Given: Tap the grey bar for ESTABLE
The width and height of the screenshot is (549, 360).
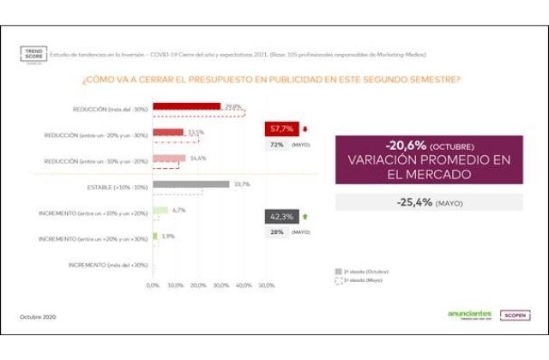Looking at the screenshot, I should click(190, 183).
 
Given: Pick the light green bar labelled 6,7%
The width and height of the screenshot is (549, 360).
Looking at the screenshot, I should click(160, 210).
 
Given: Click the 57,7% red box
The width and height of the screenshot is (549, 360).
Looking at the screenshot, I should click(282, 130).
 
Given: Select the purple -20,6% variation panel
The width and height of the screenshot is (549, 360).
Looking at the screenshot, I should click(428, 159).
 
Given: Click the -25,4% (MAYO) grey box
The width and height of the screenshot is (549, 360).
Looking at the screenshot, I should click(428, 202).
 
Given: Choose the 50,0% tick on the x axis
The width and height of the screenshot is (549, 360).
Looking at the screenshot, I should click(266, 285).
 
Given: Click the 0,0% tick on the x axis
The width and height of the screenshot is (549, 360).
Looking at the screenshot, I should click(153, 285).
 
